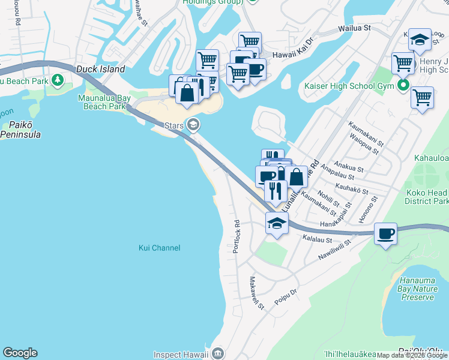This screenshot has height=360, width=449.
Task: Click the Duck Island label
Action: pyautogui.click(x=100, y=69)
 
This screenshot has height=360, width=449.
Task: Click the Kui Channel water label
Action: pyautogui.click(x=159, y=248)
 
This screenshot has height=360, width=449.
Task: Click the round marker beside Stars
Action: pyautogui.click(x=193, y=125)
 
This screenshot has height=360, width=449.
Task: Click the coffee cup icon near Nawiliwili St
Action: pyautogui.click(x=385, y=233)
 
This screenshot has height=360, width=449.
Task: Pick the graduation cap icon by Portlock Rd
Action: pyautogui.click(x=276, y=224)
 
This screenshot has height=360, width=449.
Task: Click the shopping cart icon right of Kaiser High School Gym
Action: pyautogui.click(x=423, y=97)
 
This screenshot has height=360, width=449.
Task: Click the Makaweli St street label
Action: pyautogui.click(x=257, y=293)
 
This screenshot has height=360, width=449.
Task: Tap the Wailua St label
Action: pyautogui.click(x=354, y=28)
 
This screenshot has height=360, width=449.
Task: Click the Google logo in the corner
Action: pyautogui.click(x=20, y=353)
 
